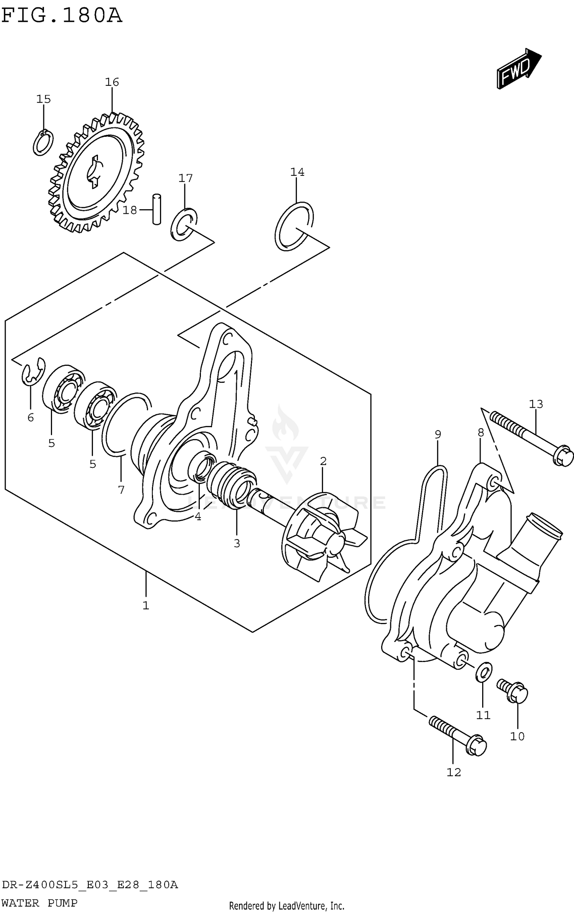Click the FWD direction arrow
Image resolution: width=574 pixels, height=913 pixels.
point(519,69)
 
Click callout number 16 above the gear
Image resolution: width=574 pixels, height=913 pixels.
point(112,82)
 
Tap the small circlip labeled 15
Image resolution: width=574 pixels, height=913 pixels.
point(43,143)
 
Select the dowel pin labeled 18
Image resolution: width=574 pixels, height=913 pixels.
point(157,209)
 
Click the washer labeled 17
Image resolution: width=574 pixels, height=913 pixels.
point(184,225)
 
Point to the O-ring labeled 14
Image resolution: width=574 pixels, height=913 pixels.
point(294,226)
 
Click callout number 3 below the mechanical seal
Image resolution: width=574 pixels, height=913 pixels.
point(237,543)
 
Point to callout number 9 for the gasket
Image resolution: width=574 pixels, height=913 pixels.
point(438,434)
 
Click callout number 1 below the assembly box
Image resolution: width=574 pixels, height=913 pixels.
point(145,605)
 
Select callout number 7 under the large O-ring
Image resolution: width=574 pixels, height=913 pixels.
point(121,490)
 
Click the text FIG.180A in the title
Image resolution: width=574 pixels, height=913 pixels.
point(62,15)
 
